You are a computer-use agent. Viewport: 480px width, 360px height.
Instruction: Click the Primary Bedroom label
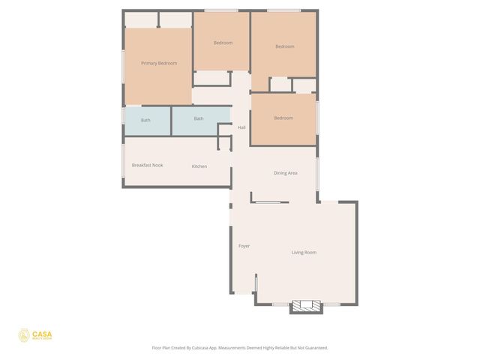point(159,63)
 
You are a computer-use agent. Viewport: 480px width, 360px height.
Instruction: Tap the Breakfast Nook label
point(147,165)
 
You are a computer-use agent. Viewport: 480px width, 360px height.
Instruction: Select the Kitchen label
point(199,166)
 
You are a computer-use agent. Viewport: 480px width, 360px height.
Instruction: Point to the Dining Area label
point(286,173)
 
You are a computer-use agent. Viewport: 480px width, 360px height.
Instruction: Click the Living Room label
point(304,252)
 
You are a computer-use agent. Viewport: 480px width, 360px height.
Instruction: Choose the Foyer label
point(244,246)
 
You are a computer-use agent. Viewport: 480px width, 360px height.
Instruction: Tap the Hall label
point(241,127)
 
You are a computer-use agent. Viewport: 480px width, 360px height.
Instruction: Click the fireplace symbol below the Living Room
point(305,305)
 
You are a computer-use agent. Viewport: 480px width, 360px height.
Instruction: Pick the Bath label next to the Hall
point(199,118)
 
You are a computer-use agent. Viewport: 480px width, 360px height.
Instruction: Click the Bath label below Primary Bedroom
point(145,120)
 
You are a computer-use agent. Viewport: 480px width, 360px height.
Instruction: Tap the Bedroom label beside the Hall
point(283,118)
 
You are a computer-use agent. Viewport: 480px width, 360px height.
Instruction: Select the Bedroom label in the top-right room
point(284,46)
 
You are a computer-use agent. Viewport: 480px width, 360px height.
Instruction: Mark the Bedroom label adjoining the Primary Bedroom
point(223,43)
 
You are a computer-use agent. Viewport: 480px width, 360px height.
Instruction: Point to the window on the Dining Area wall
point(316,174)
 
